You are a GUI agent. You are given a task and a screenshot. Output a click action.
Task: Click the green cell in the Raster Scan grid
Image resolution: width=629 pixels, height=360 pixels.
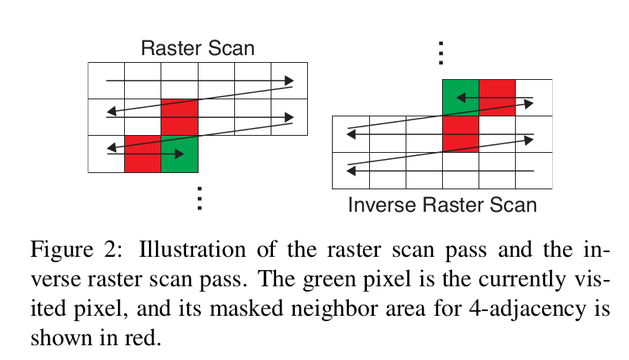click(x=180, y=154)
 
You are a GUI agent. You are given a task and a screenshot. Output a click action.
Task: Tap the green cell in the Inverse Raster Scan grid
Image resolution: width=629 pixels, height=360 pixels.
click(x=460, y=98)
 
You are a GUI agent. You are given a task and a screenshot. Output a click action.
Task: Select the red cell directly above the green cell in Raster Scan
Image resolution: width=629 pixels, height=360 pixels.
click(x=180, y=117)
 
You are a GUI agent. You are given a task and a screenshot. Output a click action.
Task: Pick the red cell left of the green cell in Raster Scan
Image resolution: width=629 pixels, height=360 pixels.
click(x=143, y=154)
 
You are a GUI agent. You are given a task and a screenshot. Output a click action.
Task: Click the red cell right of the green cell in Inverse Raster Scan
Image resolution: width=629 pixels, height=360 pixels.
click(x=497, y=98)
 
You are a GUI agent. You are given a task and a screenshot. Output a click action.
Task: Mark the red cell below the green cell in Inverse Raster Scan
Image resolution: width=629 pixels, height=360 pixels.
click(x=460, y=133)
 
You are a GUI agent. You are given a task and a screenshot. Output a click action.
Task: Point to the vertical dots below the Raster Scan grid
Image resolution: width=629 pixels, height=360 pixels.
click(x=199, y=199)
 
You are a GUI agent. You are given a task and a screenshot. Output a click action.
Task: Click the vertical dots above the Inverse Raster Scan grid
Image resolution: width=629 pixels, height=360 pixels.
click(x=441, y=52)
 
